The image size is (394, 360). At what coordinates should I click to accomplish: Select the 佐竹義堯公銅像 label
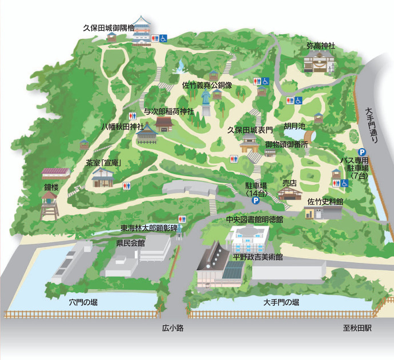click(x=207, y=85)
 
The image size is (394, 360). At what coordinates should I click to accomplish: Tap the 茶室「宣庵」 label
click(x=105, y=163)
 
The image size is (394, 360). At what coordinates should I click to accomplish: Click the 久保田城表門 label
click(x=250, y=130)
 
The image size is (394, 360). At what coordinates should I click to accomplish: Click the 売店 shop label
click(x=291, y=183)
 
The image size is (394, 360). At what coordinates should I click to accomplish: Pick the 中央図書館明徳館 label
click(x=255, y=219)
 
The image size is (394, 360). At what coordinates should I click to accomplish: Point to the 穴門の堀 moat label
click(x=83, y=302)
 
